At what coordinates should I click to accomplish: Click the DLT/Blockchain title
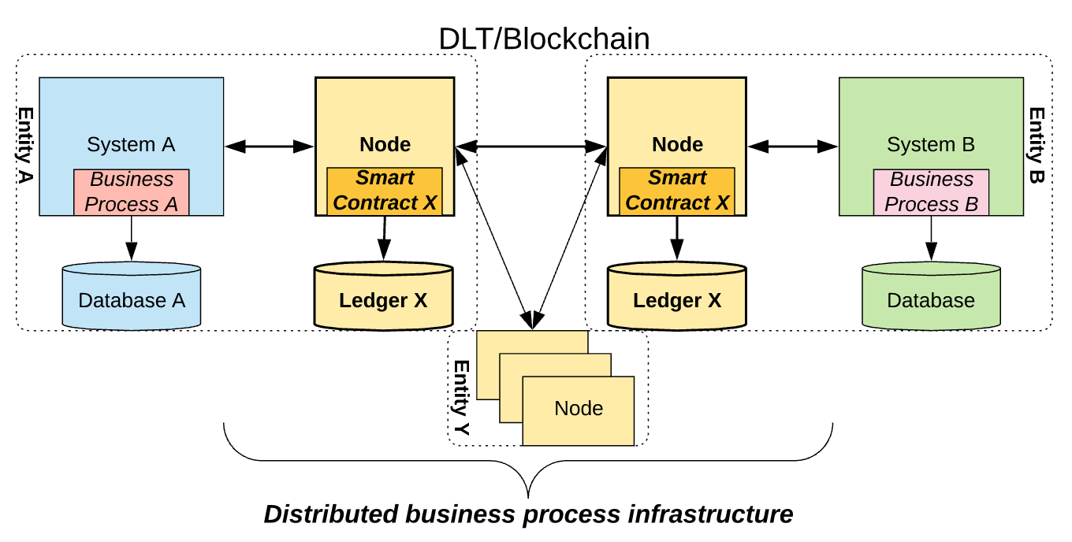click(544, 38)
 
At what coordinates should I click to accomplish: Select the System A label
click(131, 145)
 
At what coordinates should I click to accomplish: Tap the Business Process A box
click(132, 191)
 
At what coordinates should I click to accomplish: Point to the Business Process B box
click(931, 192)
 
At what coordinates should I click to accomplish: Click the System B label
click(931, 145)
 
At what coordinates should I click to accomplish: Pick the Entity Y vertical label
click(461, 399)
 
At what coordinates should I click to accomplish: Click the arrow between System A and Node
click(270, 146)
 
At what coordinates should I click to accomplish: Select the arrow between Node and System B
click(793, 146)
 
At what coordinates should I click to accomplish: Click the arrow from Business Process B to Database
click(931, 237)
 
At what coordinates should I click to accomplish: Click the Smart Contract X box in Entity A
click(385, 191)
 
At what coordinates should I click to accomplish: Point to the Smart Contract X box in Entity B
click(677, 191)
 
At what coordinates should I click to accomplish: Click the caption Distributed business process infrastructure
click(528, 514)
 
